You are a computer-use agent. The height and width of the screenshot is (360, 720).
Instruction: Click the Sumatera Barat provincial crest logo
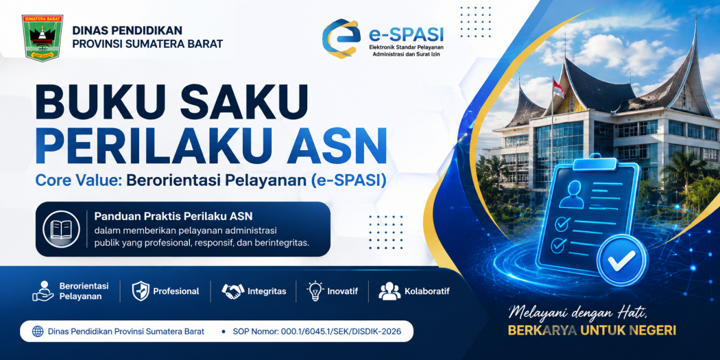coord(43,38)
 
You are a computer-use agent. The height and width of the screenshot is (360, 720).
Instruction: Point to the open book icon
coord(61,228)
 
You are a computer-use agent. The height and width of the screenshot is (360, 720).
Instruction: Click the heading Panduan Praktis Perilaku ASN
coord(173,216)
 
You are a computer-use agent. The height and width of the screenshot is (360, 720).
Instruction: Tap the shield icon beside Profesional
coord(140,291)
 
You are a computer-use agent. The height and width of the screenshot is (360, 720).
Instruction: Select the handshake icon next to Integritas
coord(233,291)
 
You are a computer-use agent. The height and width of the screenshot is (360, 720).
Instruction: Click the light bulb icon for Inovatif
coord(315,291)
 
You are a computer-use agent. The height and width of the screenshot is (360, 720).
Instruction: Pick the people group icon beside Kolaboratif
coord(389,291)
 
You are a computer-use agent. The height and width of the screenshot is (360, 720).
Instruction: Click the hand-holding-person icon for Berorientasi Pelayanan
coord(43,291)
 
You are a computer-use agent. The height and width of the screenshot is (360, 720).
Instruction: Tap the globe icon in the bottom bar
coord(38,331)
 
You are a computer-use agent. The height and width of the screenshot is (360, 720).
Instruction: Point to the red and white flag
coord(558,88)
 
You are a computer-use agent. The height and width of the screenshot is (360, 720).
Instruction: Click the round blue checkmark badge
coord(622,261)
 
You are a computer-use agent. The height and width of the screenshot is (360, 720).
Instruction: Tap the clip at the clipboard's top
coord(595,163)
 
